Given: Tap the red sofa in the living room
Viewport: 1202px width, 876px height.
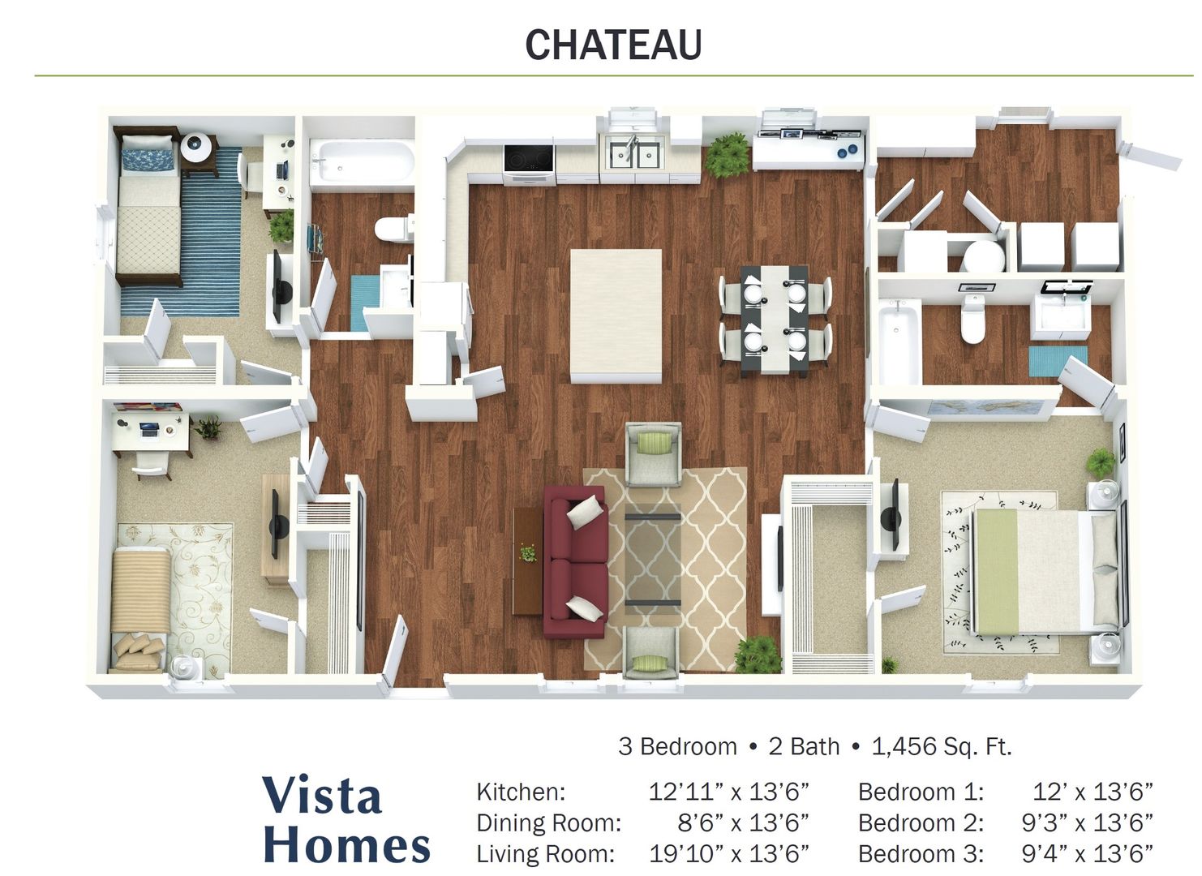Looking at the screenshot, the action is (575, 561).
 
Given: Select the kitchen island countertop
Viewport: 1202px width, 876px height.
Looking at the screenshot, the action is (616, 316).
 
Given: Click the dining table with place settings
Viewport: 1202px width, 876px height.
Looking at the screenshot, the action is (775, 320).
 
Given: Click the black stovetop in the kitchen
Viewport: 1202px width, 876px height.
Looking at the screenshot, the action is (528, 158).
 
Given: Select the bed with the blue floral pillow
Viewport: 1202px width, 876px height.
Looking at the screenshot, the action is (148, 206).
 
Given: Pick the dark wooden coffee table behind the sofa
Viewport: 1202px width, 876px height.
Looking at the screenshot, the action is (528, 561).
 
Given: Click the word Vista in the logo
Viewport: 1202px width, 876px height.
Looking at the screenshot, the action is (323, 796).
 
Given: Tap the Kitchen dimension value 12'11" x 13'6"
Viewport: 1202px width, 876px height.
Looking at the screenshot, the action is (728, 792).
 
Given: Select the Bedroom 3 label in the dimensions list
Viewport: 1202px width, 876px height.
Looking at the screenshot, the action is (921, 854).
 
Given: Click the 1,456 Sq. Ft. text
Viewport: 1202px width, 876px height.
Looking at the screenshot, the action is (942, 747).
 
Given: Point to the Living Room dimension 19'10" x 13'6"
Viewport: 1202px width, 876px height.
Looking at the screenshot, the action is (728, 854).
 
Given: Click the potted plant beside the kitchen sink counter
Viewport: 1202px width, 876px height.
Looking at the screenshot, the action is (728, 154).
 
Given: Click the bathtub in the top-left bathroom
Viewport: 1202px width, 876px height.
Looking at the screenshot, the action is (363, 161).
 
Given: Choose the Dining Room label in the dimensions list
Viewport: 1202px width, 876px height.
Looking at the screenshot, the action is (548, 822).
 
